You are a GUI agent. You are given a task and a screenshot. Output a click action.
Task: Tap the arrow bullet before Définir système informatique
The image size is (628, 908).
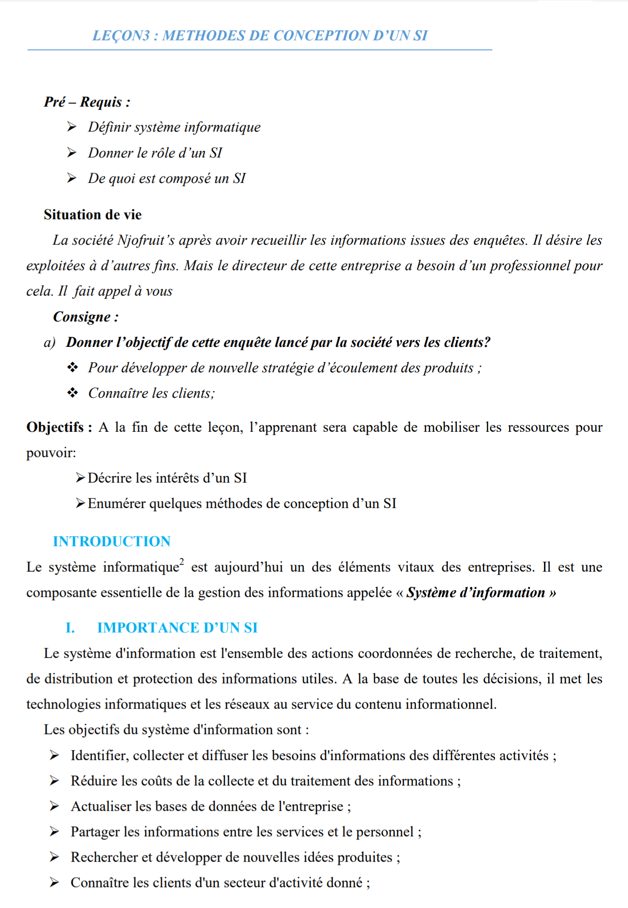pyautogui.click(x=72, y=127)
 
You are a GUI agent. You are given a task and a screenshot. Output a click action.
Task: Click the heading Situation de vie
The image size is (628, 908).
pyautogui.click(x=93, y=215)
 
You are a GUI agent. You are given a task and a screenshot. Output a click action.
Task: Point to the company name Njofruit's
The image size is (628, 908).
pyautogui.click(x=146, y=240)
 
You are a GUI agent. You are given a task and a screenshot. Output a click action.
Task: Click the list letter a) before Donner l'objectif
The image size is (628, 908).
pyautogui.click(x=49, y=343)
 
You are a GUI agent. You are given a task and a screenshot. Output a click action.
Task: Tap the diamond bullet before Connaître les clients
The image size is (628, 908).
pyautogui.click(x=73, y=393)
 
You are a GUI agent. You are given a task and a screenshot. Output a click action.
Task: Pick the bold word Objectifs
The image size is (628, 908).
pyautogui.click(x=55, y=427)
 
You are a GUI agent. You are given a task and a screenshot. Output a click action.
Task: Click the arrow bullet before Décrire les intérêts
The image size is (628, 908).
pyautogui.click(x=80, y=478)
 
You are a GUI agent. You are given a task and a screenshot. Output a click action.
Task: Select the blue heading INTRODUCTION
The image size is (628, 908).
pyautogui.click(x=112, y=541)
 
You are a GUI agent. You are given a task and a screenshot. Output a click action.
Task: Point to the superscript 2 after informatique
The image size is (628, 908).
pyautogui.click(x=182, y=562)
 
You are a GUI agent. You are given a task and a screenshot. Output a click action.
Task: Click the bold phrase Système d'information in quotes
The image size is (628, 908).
pyautogui.click(x=476, y=592)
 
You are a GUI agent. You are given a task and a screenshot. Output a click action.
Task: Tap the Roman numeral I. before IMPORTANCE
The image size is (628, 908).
pyautogui.click(x=70, y=628)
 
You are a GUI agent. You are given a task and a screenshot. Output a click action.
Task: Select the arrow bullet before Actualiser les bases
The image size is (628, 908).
pyautogui.click(x=54, y=806)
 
